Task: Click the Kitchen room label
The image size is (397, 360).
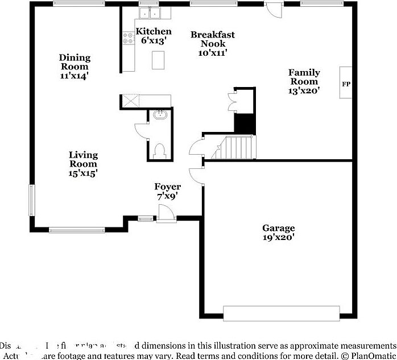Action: [154, 31]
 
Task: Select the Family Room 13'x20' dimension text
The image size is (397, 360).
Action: [304, 90]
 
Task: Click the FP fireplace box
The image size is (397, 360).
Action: [346, 84]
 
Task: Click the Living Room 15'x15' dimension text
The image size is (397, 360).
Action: [83, 173]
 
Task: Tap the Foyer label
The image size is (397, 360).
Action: [168, 187]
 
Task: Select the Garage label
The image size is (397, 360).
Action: [278, 229]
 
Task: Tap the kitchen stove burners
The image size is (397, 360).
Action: [127, 38]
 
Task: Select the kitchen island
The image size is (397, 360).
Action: [159, 60]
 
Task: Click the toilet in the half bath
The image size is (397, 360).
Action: [159, 150]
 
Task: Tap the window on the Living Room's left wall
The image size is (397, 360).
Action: [32, 200]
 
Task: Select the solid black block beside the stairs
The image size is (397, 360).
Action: [245, 123]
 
